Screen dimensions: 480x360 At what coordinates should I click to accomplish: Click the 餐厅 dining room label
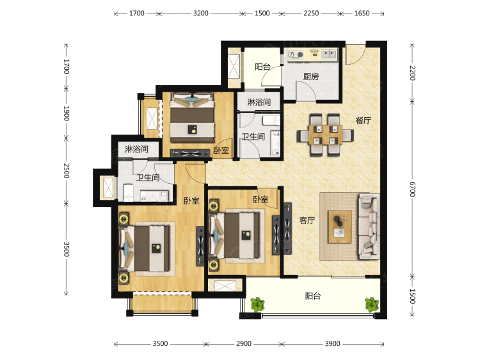(x=363, y=120)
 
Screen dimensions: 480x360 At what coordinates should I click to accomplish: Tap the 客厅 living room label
(x=307, y=220)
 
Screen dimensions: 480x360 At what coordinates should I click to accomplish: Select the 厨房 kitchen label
(x=311, y=76)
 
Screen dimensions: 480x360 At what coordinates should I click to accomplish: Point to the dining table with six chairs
(x=325, y=135)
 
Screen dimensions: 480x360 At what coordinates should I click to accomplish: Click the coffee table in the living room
(x=339, y=227)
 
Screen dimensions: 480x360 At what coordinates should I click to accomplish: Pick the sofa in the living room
(x=369, y=226)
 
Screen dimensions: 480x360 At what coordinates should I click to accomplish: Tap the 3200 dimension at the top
(x=200, y=13)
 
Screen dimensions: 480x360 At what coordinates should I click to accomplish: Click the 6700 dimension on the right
(x=412, y=189)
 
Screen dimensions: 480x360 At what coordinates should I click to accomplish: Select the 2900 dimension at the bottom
(x=244, y=344)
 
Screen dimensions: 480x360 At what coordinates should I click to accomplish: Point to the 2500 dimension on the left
(x=66, y=170)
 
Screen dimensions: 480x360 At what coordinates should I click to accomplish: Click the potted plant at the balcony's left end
(x=257, y=305)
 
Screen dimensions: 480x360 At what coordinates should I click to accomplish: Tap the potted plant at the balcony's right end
(x=372, y=304)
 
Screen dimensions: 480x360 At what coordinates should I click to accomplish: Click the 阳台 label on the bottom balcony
(x=313, y=296)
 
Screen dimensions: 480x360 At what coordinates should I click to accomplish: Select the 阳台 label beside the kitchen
(x=262, y=67)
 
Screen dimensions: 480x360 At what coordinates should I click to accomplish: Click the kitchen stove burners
(x=296, y=55)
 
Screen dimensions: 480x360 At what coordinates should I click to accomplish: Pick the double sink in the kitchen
(x=329, y=54)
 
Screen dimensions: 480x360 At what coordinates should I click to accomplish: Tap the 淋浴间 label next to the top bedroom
(x=259, y=102)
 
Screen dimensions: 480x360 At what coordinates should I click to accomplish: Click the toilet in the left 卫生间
(x=128, y=192)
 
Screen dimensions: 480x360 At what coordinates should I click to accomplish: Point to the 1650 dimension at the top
(x=362, y=13)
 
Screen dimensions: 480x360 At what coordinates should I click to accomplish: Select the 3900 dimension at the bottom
(x=332, y=344)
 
